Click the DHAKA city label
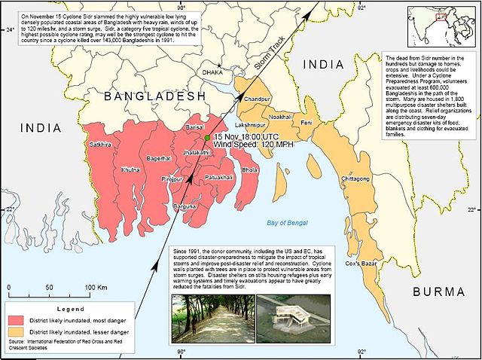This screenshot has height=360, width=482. pos(214,73)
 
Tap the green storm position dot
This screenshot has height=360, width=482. pos(207,139)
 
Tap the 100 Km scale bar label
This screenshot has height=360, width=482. pos(94,288)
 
